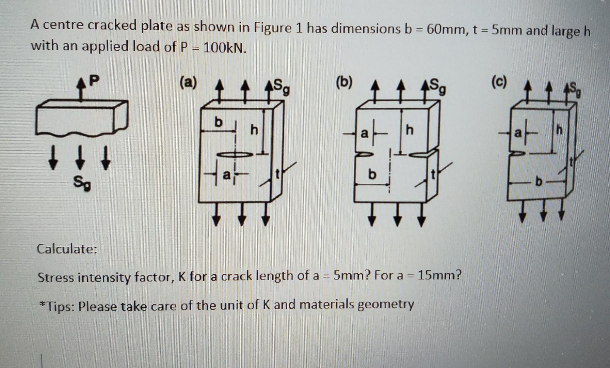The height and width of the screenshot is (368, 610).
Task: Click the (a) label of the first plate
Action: (x=188, y=83)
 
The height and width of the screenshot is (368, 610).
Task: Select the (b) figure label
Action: (x=344, y=83)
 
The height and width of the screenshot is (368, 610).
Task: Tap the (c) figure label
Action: (x=499, y=82)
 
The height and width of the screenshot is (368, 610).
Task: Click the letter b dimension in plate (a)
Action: (x=218, y=122)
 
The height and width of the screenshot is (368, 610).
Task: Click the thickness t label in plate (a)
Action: (x=277, y=174)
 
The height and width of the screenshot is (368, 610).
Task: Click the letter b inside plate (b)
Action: (x=372, y=175)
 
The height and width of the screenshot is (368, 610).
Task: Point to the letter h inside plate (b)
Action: (x=410, y=130)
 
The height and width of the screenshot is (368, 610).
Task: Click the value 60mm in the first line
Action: (x=446, y=30)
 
